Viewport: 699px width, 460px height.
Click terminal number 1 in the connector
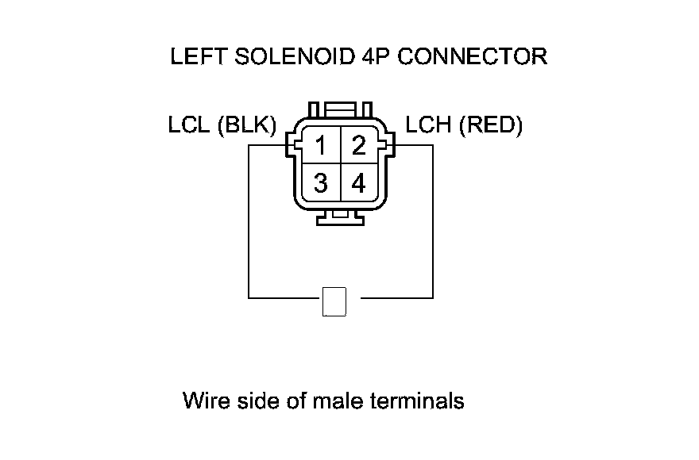click(321, 146)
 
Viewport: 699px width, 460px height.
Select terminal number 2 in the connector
click(359, 146)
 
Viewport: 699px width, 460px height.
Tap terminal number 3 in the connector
click(321, 184)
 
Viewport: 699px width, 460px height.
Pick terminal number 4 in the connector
click(359, 184)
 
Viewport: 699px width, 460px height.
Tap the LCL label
click(189, 125)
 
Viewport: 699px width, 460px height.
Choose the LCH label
click(430, 125)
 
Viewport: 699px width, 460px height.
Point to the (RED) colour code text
click(491, 125)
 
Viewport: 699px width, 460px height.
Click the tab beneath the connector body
click(342, 217)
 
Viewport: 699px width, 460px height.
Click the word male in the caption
click(338, 401)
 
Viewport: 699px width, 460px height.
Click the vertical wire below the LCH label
click(433, 222)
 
